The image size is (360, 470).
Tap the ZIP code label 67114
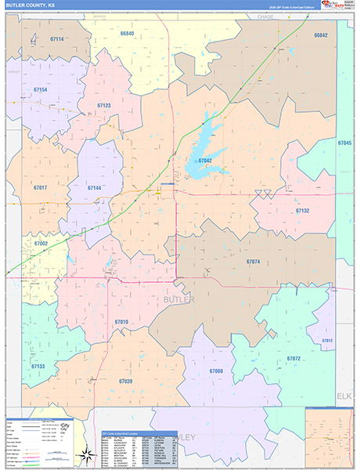[x=56, y=39]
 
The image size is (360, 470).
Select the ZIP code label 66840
[x=127, y=34]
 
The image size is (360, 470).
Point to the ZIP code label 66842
[x=320, y=35]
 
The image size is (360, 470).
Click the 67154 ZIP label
[x=41, y=90]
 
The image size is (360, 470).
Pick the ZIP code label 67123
[x=104, y=105]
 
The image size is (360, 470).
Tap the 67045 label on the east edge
[x=345, y=143]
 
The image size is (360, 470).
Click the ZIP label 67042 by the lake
[x=205, y=161]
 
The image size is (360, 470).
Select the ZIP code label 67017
[x=40, y=188]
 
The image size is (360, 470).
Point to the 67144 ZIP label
[x=94, y=188]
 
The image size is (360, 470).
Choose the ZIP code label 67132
[x=303, y=211]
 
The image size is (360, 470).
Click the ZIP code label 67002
[x=41, y=244]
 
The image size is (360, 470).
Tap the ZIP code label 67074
[x=253, y=262]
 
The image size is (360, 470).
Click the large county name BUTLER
[x=179, y=300]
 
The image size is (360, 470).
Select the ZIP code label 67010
[x=121, y=322]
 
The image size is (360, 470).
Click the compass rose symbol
[x=84, y=454]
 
